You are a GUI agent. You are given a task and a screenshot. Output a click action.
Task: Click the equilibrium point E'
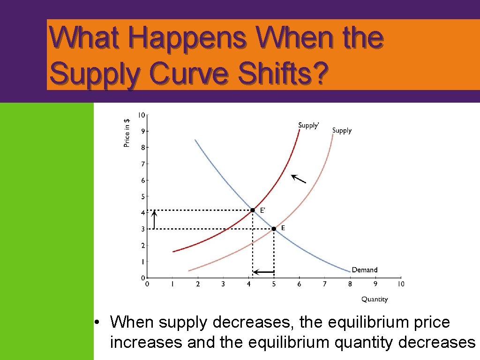coord(253,210)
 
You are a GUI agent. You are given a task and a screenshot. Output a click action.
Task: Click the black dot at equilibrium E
coord(274,229)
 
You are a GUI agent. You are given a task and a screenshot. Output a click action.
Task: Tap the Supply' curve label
coord(309,125)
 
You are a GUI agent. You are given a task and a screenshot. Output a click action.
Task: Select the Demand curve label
coord(364,270)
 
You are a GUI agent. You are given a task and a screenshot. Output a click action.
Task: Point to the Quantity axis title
coord(375,299)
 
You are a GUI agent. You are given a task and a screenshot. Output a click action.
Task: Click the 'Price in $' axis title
coord(127,133)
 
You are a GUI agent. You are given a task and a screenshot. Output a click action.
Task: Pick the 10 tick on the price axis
coord(141,115)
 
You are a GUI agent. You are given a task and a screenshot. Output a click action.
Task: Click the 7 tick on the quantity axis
coord(324,284)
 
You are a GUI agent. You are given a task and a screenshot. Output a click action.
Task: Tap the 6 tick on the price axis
coord(142,180)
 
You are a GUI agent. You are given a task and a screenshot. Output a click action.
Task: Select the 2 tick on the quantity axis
coord(197,284)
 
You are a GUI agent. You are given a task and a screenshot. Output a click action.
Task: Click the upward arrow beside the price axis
coord(155,219)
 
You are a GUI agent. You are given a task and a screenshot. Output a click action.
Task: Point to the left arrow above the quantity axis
coord(263,272)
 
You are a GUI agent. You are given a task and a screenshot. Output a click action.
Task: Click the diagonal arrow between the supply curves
coord(298,179)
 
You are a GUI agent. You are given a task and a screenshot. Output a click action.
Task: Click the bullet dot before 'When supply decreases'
coord(97,323)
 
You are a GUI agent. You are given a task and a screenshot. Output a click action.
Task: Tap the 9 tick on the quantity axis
coord(375,284)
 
